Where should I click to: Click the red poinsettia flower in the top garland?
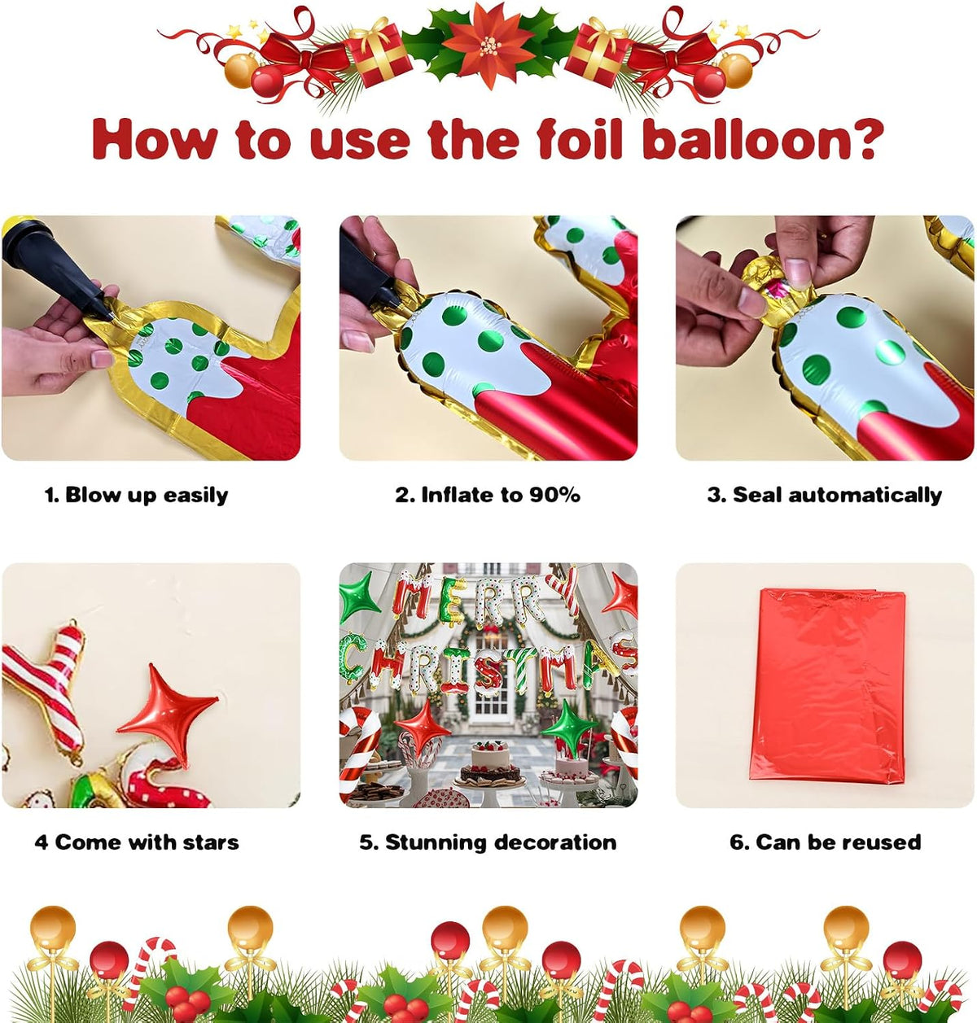(488, 45)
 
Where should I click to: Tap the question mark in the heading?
(861, 138)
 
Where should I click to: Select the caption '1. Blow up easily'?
(136, 495)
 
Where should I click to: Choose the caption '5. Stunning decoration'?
(488, 842)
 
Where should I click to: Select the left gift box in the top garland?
(378, 53)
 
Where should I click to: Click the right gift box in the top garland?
(598, 53)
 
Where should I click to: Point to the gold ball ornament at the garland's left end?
(241, 70)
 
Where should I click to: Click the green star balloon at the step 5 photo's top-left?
(360, 597)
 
